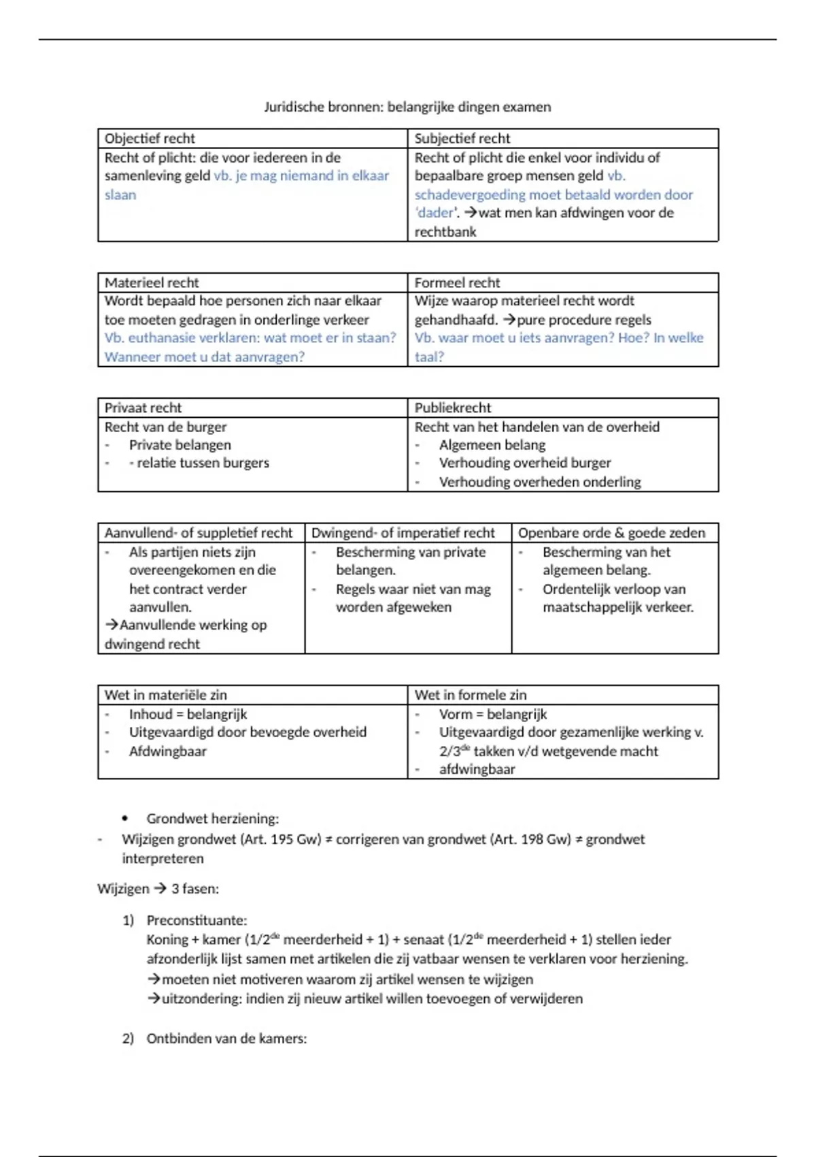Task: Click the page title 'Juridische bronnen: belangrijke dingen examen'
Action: point(407,107)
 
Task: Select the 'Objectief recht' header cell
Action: point(150,138)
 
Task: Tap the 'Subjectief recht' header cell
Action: point(462,138)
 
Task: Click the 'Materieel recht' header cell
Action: point(152,282)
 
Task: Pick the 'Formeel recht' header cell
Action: point(457,282)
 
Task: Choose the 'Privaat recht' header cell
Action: point(143,408)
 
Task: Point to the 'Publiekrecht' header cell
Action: point(453,408)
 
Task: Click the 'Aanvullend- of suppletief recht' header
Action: point(199,533)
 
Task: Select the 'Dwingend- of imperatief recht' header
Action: point(403,533)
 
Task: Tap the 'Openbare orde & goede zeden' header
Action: point(612,533)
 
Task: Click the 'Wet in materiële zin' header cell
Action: point(166,695)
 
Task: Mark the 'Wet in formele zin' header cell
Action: point(471,695)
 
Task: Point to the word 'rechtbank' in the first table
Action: point(445,232)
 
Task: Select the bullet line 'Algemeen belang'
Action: point(492,445)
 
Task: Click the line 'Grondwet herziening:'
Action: point(212,819)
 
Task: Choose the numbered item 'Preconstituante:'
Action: point(197,920)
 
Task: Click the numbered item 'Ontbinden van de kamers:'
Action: point(226,1039)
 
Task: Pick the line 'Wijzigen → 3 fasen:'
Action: point(158,889)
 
